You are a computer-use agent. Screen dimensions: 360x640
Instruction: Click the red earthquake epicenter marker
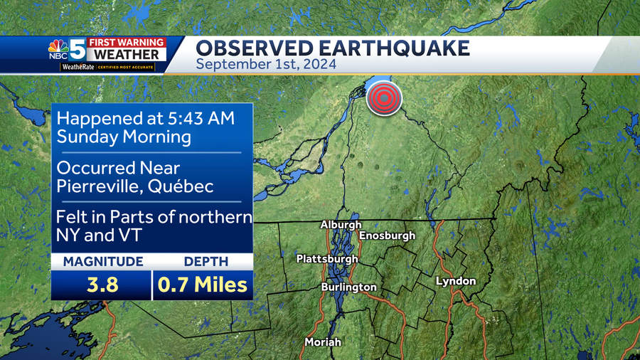(x=384, y=99)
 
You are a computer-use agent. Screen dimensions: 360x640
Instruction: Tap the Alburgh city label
(x=341, y=225)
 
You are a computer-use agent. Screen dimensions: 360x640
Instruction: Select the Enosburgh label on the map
(x=387, y=235)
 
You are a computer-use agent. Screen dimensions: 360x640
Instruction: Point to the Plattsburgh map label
(x=327, y=259)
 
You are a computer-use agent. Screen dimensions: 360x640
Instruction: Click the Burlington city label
(x=348, y=287)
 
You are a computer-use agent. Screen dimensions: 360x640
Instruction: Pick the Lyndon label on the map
(x=455, y=281)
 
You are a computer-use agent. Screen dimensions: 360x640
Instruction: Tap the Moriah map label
(x=323, y=342)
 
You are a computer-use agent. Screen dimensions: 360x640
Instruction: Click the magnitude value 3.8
(x=102, y=285)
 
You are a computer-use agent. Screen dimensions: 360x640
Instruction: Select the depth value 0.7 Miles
(x=203, y=285)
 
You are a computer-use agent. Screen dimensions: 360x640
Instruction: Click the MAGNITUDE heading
(x=102, y=261)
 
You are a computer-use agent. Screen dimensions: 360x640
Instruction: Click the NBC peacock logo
(x=58, y=49)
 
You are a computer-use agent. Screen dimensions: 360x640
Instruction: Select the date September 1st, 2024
(x=266, y=64)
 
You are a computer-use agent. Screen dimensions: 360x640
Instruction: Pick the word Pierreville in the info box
(x=98, y=187)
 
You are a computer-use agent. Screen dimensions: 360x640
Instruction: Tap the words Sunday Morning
(x=124, y=137)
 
